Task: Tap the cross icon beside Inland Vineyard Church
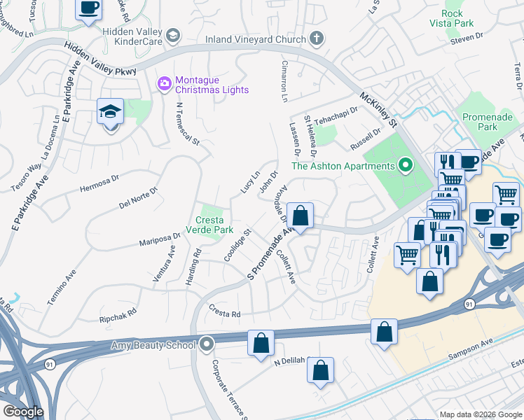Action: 317,38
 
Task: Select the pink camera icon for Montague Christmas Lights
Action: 165,84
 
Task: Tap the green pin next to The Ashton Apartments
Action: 405,166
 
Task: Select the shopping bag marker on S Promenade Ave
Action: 301,216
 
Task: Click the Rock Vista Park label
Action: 462,18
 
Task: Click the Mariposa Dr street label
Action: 160,240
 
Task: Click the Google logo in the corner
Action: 24,412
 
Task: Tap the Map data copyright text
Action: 480,414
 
